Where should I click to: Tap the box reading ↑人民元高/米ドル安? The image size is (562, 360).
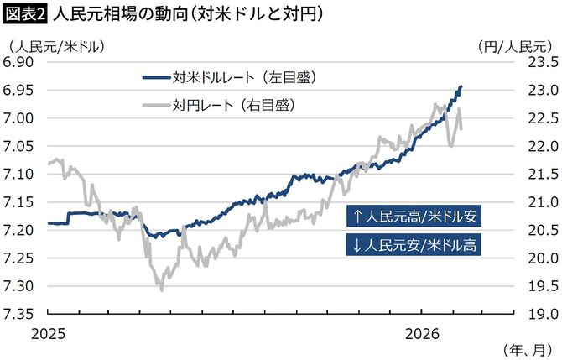pos(414,217)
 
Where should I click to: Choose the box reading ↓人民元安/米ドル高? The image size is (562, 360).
pos(414,245)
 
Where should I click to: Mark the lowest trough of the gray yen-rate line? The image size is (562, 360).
pos(160,290)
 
